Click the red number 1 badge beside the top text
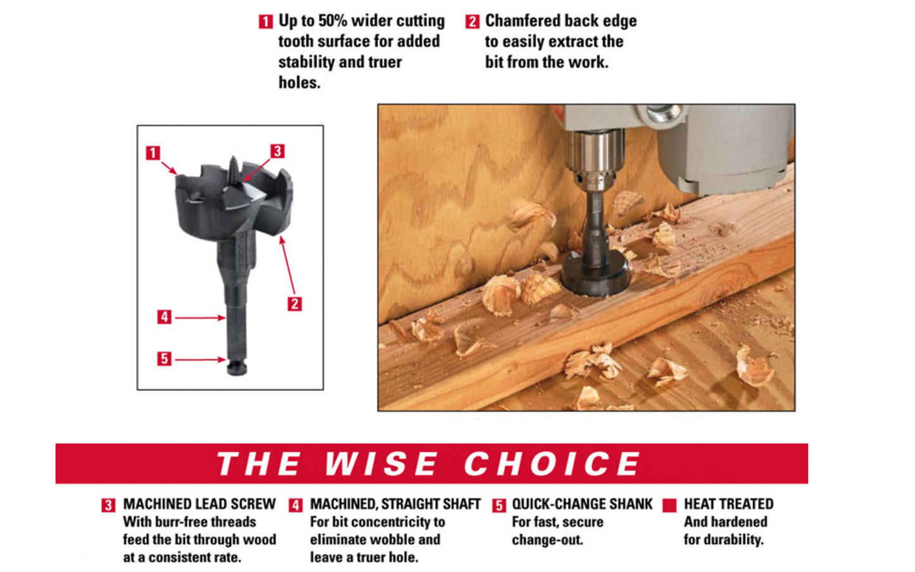coord(265,22)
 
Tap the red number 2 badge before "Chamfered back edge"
coord(472,22)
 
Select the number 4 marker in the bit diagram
coord(165,317)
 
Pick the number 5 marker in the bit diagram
coord(165,359)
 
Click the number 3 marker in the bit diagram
coord(277,151)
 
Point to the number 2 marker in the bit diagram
coord(294,303)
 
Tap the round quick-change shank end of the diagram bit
coord(236,368)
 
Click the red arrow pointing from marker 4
coord(200,317)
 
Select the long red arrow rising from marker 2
coord(288,266)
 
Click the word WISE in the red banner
coord(381,464)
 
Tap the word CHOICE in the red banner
coord(552,464)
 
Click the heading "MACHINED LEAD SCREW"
coord(199,504)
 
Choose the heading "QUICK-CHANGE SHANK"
coord(582,504)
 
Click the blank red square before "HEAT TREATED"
coord(669,505)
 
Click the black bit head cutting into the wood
coord(595,276)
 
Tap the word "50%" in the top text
coord(332,21)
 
